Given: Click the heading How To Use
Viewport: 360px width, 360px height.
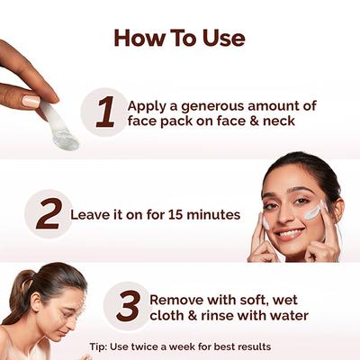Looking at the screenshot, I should tap(179, 39).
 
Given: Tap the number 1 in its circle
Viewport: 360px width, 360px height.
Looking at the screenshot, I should tap(105, 112).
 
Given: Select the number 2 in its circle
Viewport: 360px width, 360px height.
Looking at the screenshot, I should tap(49, 214).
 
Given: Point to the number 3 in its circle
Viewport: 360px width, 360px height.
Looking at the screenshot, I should tap(128, 307).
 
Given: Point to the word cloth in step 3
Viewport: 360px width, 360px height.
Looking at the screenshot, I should tap(168, 316).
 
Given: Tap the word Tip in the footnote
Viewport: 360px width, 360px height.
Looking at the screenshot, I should tap(99, 346).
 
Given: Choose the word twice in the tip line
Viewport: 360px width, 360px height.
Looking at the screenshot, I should tap(148, 346).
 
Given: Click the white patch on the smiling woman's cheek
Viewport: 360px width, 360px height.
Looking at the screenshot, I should tap(312, 211).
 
